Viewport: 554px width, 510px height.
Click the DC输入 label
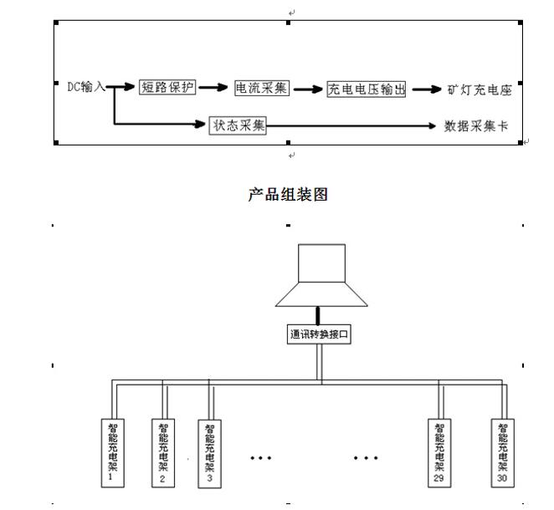86,87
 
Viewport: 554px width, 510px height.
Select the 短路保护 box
167,86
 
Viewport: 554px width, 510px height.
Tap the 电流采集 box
262,87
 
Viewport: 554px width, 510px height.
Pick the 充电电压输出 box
367,89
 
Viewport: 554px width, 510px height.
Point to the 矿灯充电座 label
480,89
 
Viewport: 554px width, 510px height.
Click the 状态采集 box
239,125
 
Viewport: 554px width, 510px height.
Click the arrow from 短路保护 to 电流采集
215,87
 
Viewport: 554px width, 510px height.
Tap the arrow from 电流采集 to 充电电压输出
308,88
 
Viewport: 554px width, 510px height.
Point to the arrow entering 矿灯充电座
425,89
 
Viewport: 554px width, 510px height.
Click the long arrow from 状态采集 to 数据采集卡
351,126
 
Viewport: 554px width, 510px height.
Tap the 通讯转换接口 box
318,334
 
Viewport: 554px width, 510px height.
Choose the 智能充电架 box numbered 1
111,451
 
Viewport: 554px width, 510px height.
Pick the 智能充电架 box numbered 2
162,451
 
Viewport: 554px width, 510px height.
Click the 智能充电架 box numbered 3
209,451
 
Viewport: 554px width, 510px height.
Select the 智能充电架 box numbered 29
439,451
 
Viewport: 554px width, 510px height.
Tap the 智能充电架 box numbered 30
501,451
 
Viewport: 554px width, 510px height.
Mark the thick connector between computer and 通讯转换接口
318,315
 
